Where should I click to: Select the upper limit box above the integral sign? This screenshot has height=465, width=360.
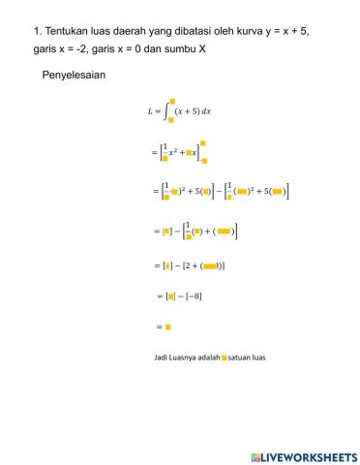click(x=172, y=100)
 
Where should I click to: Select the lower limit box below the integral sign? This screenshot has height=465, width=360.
click(x=170, y=122)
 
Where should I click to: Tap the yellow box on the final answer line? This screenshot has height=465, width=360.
click(x=167, y=327)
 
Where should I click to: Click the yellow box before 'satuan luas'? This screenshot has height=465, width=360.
click(x=225, y=357)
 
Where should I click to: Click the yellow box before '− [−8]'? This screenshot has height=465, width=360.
click(x=170, y=295)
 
